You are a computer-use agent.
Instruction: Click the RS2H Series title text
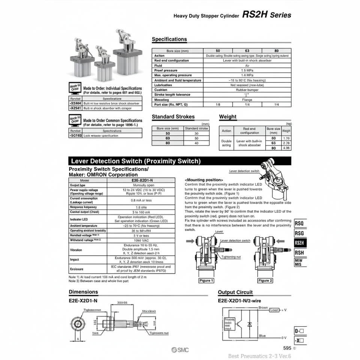click(266, 15)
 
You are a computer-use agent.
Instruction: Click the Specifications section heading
click(169, 39)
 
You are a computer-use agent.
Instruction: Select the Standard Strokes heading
click(173, 117)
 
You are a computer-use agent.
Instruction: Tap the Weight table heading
click(228, 117)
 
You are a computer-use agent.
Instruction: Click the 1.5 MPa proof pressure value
click(247, 70)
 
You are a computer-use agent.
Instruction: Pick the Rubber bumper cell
click(247, 90)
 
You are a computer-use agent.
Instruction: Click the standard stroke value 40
click(196, 143)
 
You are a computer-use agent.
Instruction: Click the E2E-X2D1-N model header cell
click(140, 180)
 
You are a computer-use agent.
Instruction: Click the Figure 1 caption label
click(206, 280)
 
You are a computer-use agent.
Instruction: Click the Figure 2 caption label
click(265, 280)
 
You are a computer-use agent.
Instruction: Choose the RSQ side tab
click(299, 223)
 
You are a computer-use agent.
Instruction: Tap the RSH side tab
click(299, 252)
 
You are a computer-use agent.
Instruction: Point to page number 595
click(287, 348)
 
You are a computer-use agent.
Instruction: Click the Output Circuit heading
click(235, 292)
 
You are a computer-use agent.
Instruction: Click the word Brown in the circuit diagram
click(263, 307)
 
